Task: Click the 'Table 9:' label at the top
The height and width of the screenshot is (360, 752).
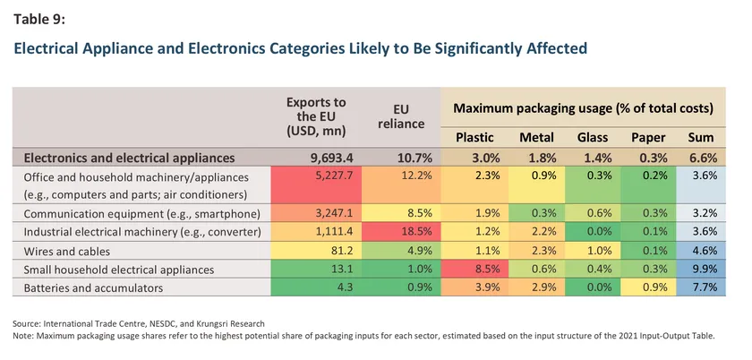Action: [x=38, y=19]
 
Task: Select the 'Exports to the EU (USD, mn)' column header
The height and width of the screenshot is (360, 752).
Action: [x=316, y=116]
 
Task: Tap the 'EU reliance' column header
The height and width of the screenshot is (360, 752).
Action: [x=401, y=116]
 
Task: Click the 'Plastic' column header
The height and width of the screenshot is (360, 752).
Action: [x=474, y=138]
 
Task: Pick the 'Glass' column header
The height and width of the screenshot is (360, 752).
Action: [x=593, y=138]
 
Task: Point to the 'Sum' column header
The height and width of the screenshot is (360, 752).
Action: [x=701, y=138]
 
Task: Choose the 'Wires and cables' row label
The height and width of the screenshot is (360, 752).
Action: [x=66, y=251]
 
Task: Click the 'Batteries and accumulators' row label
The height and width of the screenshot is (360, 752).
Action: [x=93, y=288]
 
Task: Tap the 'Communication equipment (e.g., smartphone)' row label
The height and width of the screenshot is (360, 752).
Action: [x=142, y=214]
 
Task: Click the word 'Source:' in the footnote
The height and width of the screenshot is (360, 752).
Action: [x=25, y=324]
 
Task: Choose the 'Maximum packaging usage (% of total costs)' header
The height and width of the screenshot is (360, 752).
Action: [x=583, y=108]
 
